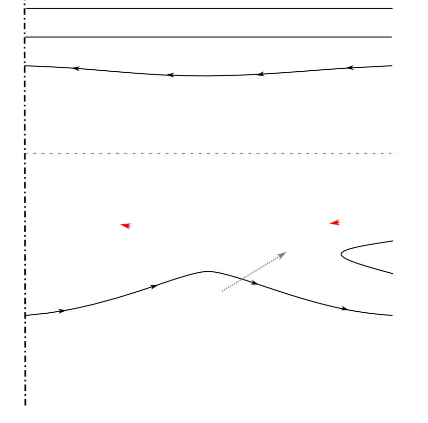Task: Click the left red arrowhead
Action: coord(126,226)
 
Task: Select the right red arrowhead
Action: coord(335,223)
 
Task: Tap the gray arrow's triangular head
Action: coord(282,254)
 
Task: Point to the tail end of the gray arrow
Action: coord(222,291)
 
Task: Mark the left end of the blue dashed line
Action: coord(25,153)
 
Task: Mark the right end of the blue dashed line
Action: coord(392,153)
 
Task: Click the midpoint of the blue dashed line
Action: coord(209,153)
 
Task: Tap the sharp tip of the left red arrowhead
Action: coord(120,225)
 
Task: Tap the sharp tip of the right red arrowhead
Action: coord(329,223)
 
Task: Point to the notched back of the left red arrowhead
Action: coord(129,226)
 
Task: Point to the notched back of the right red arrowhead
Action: coord(338,223)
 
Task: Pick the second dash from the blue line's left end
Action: coord(35,153)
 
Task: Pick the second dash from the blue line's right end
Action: coord(382,153)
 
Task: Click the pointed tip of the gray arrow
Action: coord(286,252)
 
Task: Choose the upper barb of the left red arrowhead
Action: coord(130,223)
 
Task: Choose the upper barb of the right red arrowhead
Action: coord(339,220)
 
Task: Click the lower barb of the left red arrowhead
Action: coord(129,229)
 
